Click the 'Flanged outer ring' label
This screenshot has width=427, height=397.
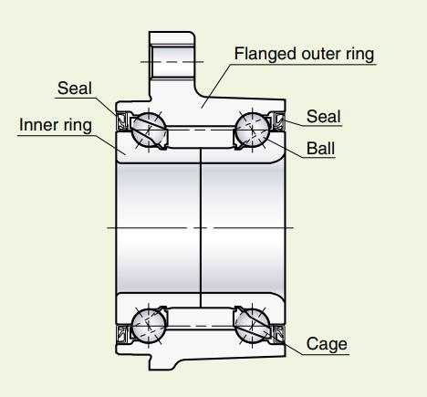pos(304,54)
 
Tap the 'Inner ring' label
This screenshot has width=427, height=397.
pos(56,125)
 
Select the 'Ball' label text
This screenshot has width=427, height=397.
pos(320,149)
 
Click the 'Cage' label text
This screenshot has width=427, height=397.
pos(327,344)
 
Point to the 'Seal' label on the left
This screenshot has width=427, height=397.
pos(75,89)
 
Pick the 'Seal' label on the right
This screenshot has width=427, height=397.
pos(323,117)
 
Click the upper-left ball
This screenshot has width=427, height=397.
pos(149,130)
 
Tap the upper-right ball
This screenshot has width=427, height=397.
pos(252,130)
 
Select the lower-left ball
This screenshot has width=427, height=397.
pos(149,326)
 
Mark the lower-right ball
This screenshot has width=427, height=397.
pos(252,326)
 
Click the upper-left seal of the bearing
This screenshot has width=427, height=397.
pos(123,121)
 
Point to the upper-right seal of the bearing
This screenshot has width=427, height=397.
pos(278,121)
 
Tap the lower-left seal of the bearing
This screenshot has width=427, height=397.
pos(123,334)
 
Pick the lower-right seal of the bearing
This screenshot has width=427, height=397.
pos(278,334)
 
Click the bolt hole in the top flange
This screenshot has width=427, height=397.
pos(172,62)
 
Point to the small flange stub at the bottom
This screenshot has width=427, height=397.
pos(164,362)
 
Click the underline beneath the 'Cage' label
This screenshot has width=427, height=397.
pos(326,354)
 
